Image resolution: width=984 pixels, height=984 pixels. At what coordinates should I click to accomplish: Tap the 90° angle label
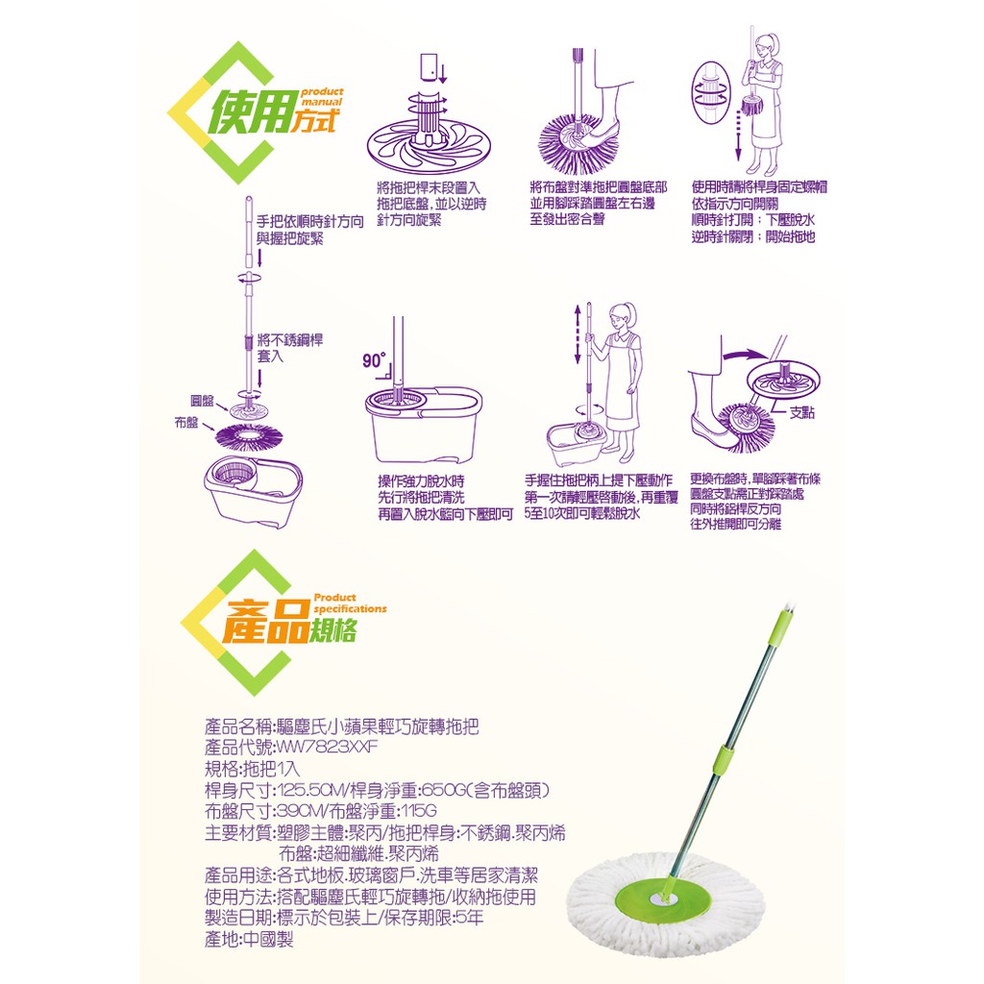tap(374, 359)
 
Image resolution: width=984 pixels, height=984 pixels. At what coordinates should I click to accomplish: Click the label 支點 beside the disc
tap(801, 412)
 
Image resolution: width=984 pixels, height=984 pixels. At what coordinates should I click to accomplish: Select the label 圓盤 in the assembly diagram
tap(202, 401)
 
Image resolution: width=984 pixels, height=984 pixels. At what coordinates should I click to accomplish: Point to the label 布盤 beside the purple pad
tap(185, 423)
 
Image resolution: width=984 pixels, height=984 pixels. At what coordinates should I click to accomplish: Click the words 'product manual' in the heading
tap(322, 97)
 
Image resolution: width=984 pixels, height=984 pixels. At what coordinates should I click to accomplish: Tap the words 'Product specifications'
tap(350, 603)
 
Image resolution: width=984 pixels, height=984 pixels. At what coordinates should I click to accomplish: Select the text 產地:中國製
tap(249, 940)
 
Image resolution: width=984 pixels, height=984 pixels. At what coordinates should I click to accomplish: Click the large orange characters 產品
tap(266, 623)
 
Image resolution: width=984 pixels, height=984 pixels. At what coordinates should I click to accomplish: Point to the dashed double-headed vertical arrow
tap(578, 334)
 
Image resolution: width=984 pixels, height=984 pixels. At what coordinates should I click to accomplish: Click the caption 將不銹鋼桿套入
tap(290, 348)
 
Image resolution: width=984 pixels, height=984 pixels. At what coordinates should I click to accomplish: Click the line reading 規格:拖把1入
tap(253, 769)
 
